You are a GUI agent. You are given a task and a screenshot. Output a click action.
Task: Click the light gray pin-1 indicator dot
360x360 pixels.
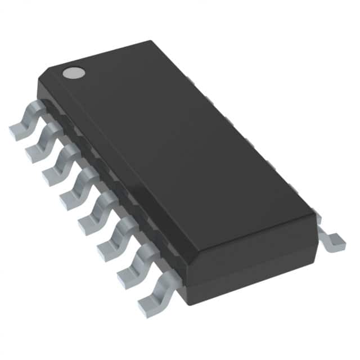[73, 72]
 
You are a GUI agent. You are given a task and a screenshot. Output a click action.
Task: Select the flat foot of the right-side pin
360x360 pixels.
[335, 242]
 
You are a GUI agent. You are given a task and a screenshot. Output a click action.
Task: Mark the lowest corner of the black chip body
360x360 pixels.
[188, 304]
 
